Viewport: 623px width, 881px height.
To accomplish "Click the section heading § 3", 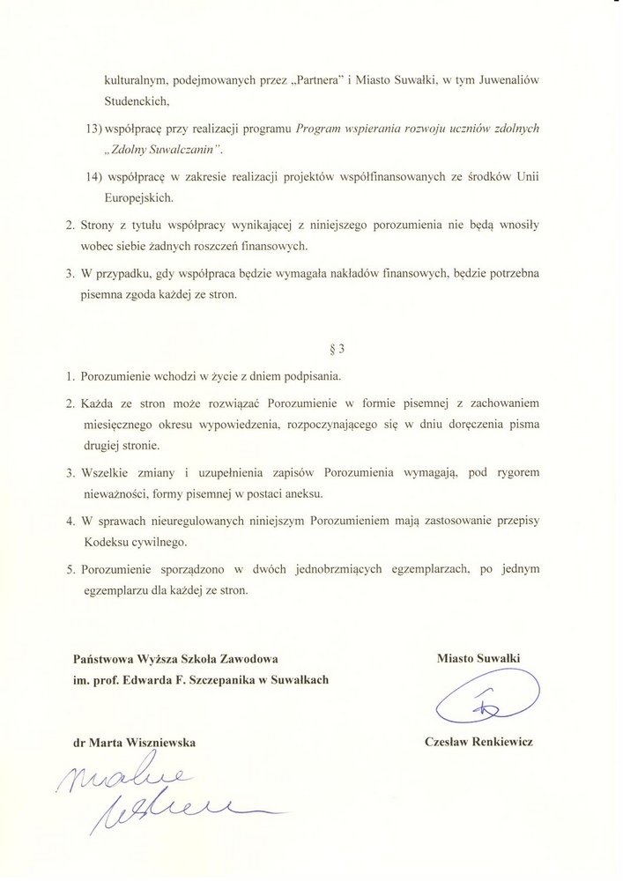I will click(311, 347).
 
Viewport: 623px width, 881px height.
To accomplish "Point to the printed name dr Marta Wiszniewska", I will click(135, 743).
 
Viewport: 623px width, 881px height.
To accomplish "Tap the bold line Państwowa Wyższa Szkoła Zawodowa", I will click(179, 657).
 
